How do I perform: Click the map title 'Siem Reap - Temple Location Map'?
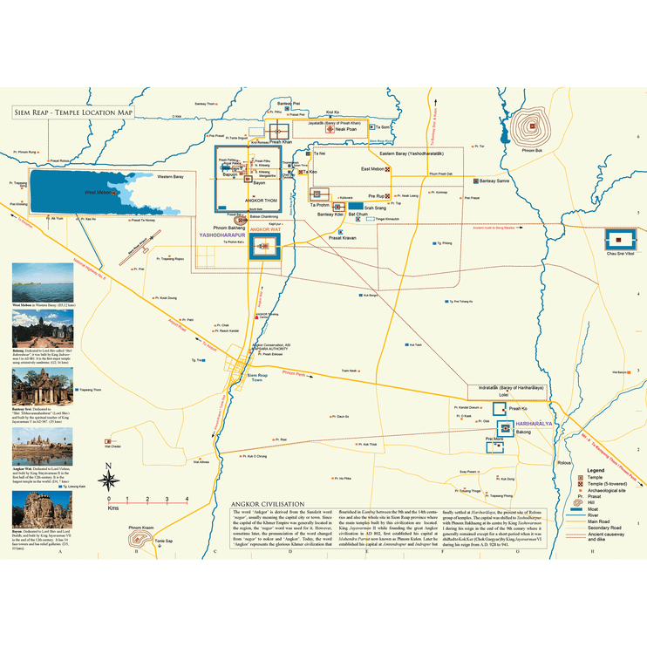[74, 112]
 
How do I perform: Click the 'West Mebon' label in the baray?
[98, 191]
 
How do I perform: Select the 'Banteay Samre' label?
[494, 180]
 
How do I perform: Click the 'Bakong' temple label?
[522, 432]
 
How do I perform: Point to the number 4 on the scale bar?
[187, 498]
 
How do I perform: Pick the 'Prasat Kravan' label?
[342, 237]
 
